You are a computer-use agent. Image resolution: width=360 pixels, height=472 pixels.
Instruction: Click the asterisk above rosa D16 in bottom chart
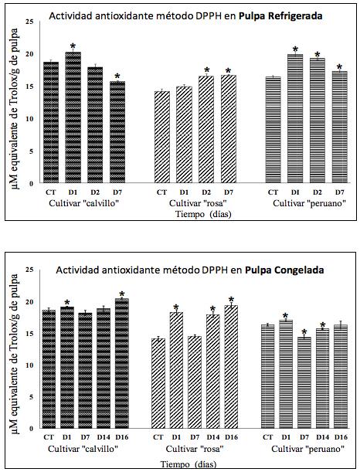(x=230, y=300)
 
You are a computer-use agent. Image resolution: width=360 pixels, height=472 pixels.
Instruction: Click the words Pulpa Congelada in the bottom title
(x=283, y=270)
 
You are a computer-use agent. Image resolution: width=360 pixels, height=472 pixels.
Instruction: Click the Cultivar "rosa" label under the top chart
(x=195, y=202)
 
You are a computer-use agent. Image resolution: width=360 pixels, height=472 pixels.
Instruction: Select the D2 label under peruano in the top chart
(x=316, y=192)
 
